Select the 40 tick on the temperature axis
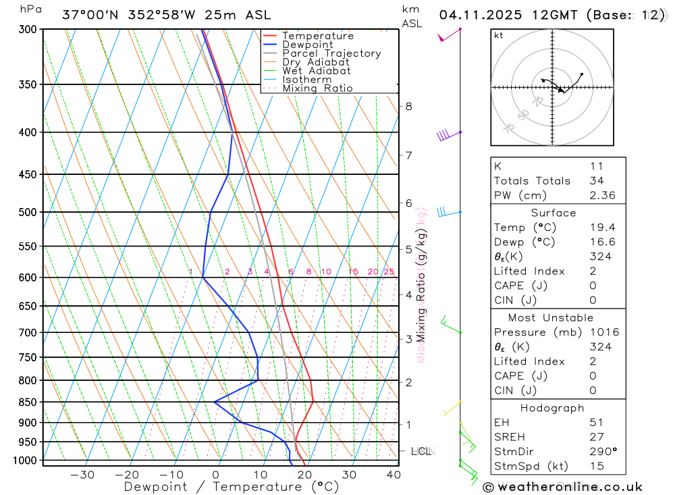coord(394,475)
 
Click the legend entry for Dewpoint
coord(307,45)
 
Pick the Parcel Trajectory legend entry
coord(331,53)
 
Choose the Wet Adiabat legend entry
coord(316,71)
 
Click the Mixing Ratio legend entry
coord(317,88)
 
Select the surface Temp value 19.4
coord(601,228)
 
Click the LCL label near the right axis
coord(421,450)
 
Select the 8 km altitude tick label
coord(408,106)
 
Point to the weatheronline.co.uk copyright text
coord(563,486)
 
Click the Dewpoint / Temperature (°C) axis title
coord(231,486)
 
